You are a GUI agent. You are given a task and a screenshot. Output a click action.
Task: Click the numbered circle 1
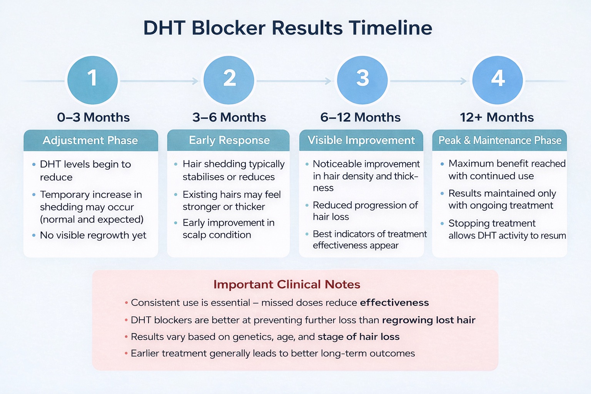pos(92,80)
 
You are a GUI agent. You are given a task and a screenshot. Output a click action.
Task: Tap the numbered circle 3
pos(362,80)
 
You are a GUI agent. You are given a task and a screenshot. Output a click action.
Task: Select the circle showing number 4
pos(498,80)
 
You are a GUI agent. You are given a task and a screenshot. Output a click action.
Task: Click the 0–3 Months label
pos(93,117)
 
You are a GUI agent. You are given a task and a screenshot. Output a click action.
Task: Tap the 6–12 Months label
pos(360,117)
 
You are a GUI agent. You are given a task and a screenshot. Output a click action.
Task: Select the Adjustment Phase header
pos(90,140)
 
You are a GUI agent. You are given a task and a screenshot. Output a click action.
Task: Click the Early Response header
pos(229,140)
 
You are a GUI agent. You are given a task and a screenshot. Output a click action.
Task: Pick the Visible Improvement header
pos(361,140)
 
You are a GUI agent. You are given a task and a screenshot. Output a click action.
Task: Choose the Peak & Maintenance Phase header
pos(499,140)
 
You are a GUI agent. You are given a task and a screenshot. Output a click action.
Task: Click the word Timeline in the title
pos(391,28)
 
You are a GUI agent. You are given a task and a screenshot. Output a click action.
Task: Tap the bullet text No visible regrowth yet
pos(93,235)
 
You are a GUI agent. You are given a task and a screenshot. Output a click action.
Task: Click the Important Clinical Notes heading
pos(287,284)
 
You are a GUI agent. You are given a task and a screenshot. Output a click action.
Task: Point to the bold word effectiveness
pos(394,303)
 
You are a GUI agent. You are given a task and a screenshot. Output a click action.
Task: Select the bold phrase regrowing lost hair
pos(428,320)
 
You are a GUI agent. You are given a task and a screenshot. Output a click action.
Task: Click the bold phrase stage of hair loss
pos(358,337)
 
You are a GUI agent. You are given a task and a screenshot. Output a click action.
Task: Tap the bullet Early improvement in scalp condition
pos(228,229)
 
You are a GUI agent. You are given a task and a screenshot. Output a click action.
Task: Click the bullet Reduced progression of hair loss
pos(365,211)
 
